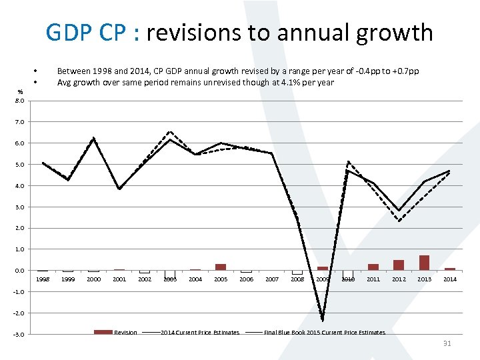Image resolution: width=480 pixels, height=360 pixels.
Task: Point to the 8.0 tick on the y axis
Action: coord(21,101)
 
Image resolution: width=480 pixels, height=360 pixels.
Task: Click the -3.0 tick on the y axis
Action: coord(20,335)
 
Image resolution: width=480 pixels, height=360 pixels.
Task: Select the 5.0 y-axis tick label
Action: coord(21,165)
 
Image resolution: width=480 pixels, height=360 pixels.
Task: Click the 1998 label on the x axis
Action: coord(43,279)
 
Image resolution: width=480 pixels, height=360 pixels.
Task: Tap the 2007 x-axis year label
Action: coord(271,279)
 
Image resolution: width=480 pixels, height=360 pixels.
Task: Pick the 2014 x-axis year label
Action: coord(449,279)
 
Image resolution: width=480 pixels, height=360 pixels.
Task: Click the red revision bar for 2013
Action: coord(424,263)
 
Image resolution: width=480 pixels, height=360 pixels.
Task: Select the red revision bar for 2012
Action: coord(399,265)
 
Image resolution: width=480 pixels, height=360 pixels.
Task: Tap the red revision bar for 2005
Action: coord(221,267)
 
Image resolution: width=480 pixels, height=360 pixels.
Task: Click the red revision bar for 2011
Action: coord(373,267)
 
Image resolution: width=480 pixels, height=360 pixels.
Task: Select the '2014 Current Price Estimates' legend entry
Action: coord(199,332)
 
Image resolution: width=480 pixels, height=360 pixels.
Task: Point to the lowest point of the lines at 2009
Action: coord(323,319)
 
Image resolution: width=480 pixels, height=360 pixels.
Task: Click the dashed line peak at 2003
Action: coord(170,131)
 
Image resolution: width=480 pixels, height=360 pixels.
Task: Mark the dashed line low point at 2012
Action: coord(399,221)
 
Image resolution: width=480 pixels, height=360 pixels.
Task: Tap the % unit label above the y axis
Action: coord(21,92)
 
